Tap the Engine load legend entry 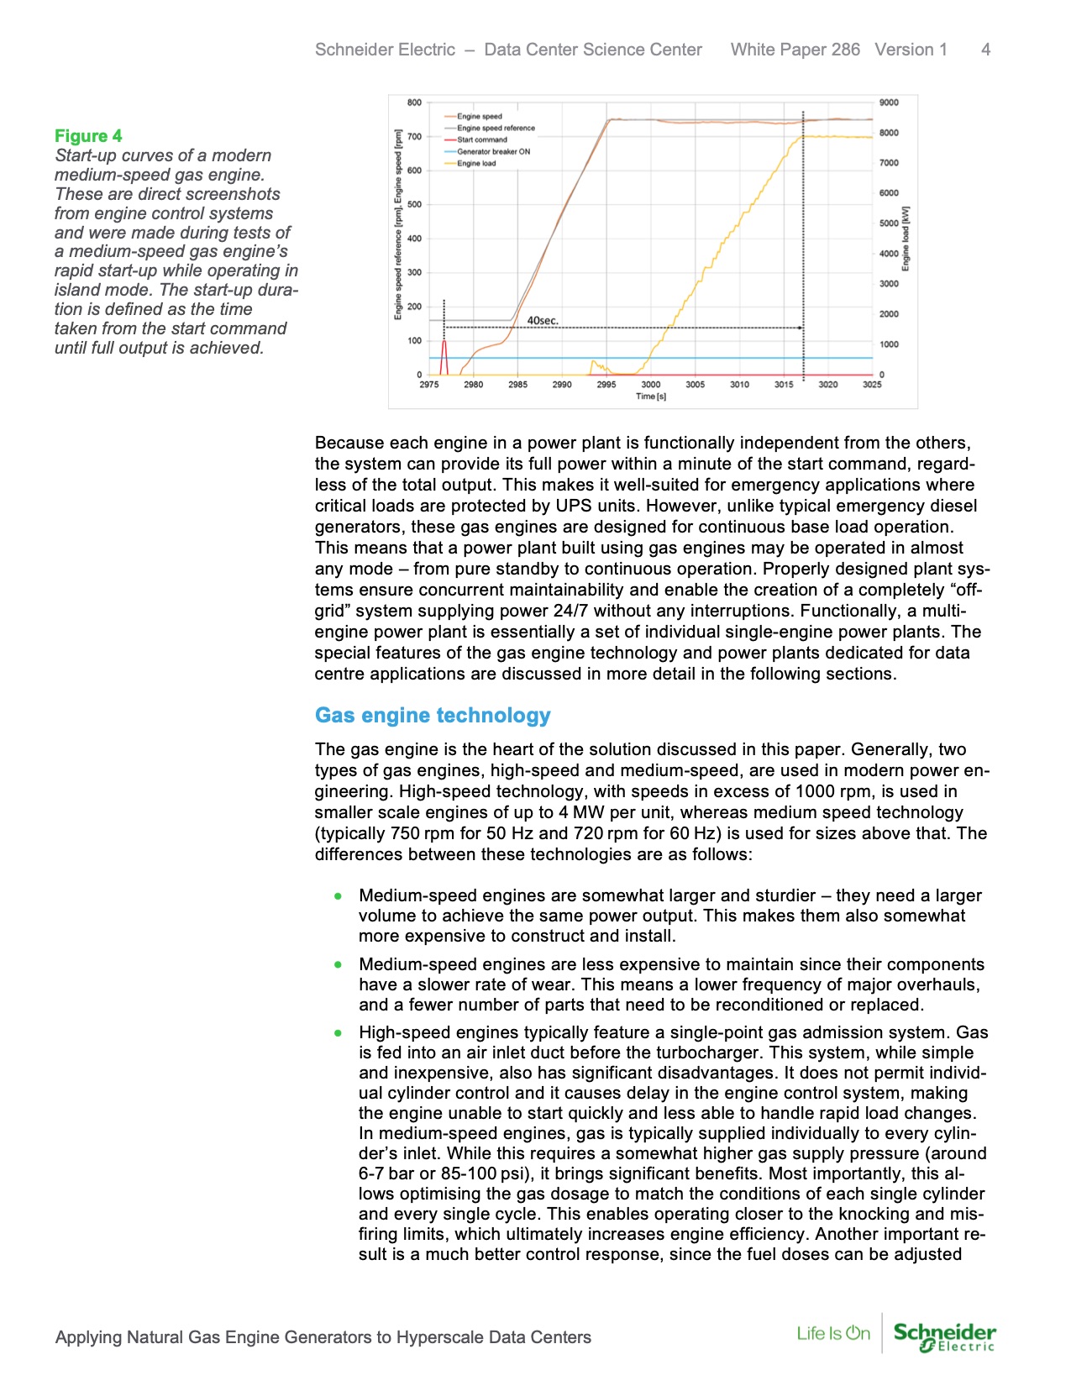point(476,164)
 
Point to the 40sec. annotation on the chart point(542,321)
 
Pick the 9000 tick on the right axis point(888,102)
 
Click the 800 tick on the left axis point(414,102)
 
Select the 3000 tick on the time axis point(650,385)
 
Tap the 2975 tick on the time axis point(429,385)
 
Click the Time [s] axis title point(650,396)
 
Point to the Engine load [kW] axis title point(906,239)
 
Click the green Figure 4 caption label point(88,136)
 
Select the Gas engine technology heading point(433,716)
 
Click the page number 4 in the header point(985,50)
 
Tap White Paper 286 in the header point(795,50)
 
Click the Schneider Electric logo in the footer point(944,1336)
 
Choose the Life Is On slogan point(833,1333)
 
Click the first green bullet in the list point(338,896)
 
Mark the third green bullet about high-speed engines point(338,1033)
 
